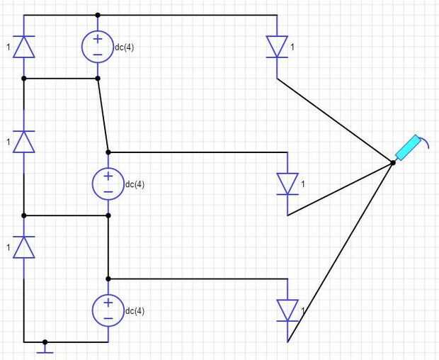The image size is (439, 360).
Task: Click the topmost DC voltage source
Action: point(98,46)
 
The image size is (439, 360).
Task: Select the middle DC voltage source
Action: point(108,184)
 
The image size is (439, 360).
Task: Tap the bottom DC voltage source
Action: point(108,310)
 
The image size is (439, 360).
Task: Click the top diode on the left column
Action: point(24,47)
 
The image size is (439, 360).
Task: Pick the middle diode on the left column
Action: point(24,142)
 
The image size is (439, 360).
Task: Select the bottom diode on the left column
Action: point(24,247)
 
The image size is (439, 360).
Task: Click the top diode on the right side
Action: point(277,47)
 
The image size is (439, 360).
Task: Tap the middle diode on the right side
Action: point(287,184)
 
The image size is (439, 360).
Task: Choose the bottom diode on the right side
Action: point(287,310)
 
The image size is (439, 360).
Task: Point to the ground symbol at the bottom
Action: point(45,348)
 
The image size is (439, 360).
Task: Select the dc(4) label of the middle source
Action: point(135,185)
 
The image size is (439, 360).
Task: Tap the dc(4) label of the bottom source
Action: point(135,311)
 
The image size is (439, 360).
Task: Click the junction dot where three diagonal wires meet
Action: point(393,163)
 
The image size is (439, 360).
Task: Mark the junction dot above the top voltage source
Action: point(98,15)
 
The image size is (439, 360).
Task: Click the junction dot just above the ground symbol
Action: point(45,342)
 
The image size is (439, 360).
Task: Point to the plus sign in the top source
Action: point(98,39)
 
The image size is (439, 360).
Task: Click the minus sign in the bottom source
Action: point(108,318)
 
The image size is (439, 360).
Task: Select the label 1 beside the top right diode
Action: point(292,47)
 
